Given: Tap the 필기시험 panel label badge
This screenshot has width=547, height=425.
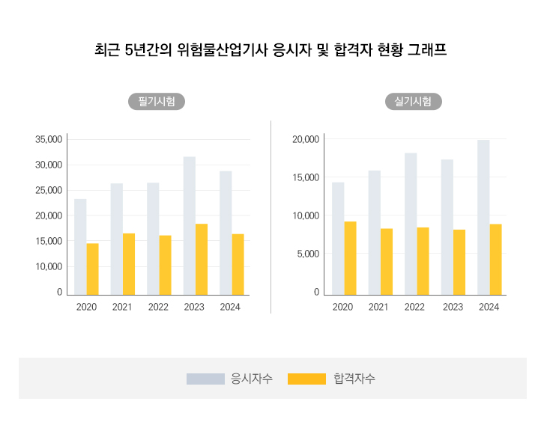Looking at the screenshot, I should pos(157,102).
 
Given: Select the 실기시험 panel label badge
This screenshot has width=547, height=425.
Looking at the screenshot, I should pos(413,102).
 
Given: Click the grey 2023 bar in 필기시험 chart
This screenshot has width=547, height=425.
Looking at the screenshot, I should pos(190,224).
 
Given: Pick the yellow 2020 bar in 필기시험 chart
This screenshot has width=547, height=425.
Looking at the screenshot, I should pos(92,269).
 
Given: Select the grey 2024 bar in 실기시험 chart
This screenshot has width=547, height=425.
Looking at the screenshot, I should pos(483,217).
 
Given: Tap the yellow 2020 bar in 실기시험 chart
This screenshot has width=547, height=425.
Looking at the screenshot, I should pos(350,257).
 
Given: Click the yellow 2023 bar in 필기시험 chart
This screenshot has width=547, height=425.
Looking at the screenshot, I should pos(202,259).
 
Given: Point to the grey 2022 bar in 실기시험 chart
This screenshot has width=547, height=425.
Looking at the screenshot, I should pos(411,223).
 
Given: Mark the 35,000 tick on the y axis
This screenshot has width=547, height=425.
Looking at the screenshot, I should pos(49,140).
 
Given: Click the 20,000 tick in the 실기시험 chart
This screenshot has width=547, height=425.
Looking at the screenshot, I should pos(306,140).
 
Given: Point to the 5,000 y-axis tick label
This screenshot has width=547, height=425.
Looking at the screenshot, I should pos(309,254).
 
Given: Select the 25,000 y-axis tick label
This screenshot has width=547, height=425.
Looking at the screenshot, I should pos(49,191).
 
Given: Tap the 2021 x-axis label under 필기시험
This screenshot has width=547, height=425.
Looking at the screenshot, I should pos(122,307).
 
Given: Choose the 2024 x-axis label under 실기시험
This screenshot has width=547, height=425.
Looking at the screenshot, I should pos(489,307).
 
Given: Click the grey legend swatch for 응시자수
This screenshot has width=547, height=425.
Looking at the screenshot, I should pos(205,379).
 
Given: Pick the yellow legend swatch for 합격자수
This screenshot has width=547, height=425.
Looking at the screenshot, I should pos(306,379).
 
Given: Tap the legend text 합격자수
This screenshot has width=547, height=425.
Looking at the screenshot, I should pos(354,379).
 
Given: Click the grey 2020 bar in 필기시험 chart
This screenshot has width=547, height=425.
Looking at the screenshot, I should pos(80,246).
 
